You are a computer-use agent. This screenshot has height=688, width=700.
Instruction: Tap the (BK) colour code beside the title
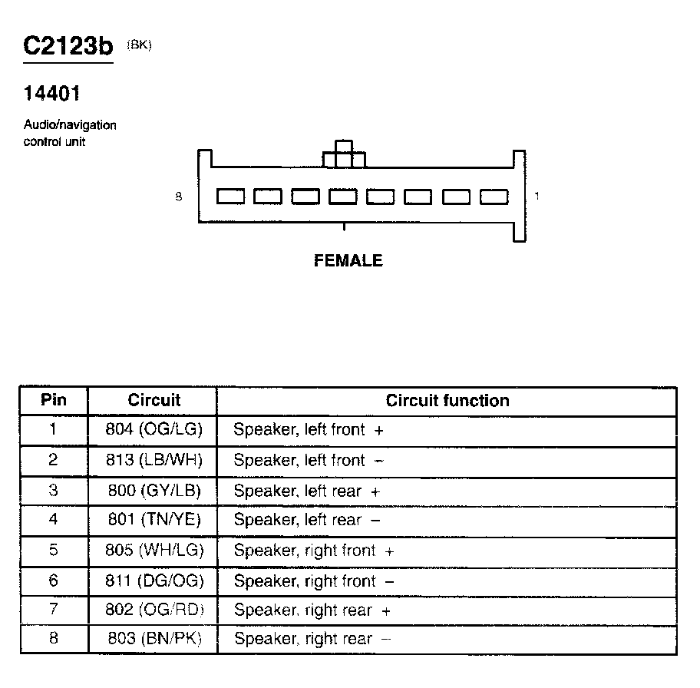pos(140,45)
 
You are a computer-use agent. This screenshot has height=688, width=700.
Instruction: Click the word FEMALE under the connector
pos(348,260)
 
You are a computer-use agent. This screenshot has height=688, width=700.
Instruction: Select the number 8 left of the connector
pos(179,197)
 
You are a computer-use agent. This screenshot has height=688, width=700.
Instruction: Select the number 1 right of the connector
pos(537,197)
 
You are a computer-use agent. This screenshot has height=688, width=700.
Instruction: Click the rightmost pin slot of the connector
pos(494,197)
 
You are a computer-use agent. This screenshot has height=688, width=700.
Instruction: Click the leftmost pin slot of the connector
pos(231,197)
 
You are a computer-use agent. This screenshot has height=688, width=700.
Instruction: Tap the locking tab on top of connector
pos(344,154)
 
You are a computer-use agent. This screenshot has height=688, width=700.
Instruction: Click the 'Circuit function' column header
pos(447,400)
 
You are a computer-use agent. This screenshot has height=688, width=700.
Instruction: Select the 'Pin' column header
pos(54,400)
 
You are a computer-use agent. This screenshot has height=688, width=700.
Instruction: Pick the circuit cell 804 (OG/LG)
pos(154,430)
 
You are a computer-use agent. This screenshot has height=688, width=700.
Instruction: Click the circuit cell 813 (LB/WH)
pos(154,460)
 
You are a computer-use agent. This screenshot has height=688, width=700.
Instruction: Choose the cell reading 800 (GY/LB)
pos(154,491)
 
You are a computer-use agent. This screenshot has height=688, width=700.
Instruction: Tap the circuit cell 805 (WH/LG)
pos(154,551)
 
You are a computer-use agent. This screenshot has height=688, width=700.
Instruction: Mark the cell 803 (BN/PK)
pos(154,639)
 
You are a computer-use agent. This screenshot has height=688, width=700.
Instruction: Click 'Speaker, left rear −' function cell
pos(307,520)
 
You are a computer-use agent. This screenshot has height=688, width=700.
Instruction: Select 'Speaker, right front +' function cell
pos(314,551)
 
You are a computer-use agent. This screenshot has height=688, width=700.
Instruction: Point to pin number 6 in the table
pos(53,581)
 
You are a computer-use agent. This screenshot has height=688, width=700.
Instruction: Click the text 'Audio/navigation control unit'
pos(70,133)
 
